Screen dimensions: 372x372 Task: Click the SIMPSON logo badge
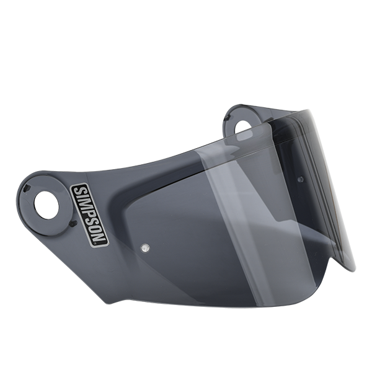(x=90, y=215)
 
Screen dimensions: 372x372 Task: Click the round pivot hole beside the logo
(x=46, y=205)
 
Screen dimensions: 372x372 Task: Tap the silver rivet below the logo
(x=144, y=248)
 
